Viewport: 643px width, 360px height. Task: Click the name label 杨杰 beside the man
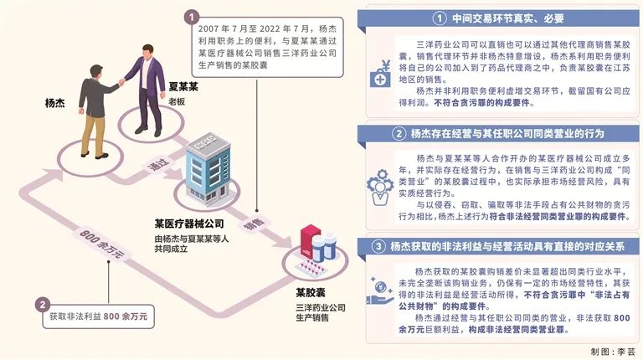[x=55, y=105]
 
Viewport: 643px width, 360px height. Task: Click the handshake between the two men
[x=122, y=82]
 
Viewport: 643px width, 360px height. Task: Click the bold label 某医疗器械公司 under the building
[x=191, y=224]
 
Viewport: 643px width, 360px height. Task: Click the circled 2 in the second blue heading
[x=400, y=133]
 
